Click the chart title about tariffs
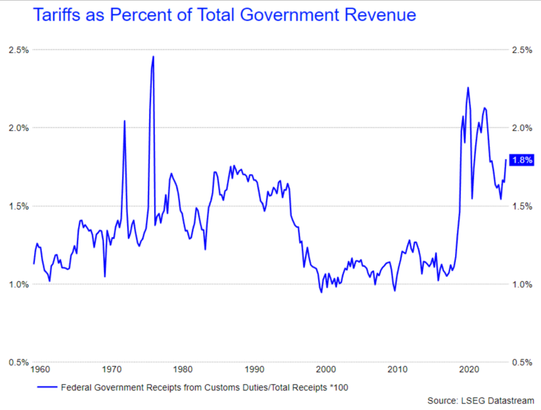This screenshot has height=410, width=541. pos(225,15)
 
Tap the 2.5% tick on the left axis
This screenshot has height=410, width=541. pos(18,50)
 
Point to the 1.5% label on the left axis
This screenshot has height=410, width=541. pos(18,206)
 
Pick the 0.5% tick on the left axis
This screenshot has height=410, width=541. pos(18,362)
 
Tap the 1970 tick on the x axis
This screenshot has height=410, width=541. pos(111,369)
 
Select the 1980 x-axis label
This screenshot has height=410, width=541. pos(183,369)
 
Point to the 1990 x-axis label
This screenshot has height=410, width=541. pos(255,369)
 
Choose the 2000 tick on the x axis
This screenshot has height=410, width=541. pos(327,369)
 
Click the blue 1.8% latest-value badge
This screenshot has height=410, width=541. pos(522,161)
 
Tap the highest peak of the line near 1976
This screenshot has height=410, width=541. pos(153,57)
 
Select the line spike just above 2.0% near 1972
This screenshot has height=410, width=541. pos(124,121)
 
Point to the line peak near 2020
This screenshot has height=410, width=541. pos(468,88)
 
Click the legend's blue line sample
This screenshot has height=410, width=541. pos(47,387)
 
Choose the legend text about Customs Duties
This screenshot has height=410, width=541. pos(205,387)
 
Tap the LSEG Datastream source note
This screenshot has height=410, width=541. pos(481,402)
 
